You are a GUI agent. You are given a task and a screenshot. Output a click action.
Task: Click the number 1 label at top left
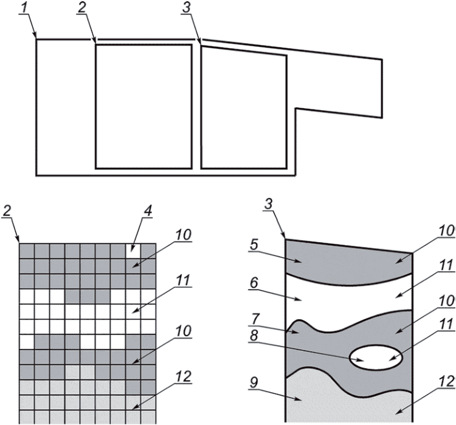26,8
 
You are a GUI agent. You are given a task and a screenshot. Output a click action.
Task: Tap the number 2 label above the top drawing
83,8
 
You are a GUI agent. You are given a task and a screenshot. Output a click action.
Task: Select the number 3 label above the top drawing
187,8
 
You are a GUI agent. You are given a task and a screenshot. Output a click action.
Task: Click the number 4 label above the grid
148,211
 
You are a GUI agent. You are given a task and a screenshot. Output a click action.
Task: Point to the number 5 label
254,245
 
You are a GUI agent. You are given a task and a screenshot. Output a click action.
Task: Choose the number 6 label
254,283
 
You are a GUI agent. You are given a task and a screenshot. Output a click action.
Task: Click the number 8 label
254,336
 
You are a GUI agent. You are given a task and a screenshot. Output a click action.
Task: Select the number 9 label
254,383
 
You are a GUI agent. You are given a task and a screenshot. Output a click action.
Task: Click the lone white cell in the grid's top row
133,251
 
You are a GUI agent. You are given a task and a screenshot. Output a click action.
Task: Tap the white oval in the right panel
376,358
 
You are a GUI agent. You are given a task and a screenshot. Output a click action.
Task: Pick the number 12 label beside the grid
183,376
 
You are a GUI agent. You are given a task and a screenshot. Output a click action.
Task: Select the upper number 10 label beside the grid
183,235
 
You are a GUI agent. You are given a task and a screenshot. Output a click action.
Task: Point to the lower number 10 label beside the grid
183,331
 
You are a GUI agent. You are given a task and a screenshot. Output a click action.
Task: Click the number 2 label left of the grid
7,211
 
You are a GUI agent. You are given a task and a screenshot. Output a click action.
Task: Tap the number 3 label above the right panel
268,204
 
